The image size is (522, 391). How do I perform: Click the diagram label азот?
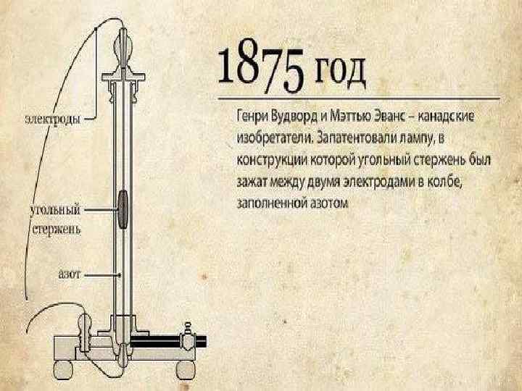69,275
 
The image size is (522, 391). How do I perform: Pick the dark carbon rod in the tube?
123,209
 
